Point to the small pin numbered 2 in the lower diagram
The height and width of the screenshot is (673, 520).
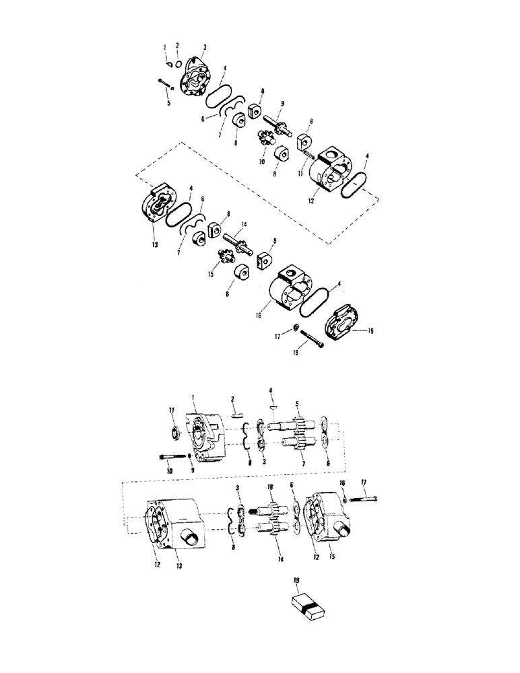(236, 415)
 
